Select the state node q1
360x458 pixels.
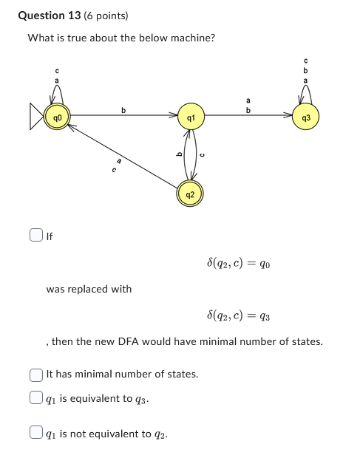pyautogui.click(x=191, y=117)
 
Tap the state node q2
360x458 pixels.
pyautogui.click(x=191, y=195)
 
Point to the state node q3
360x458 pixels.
pyautogui.click(x=306, y=117)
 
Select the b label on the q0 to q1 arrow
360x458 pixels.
pyautogui.click(x=123, y=110)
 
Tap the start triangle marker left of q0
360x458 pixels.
pyautogui.click(x=36, y=117)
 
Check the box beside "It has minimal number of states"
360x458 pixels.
pyautogui.click(x=35, y=374)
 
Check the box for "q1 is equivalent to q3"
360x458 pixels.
pyautogui.click(x=35, y=397)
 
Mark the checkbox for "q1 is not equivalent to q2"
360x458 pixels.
pyautogui.click(x=35, y=433)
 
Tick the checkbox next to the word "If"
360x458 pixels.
pyautogui.click(x=35, y=236)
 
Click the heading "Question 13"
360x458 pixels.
pyautogui.click(x=50, y=16)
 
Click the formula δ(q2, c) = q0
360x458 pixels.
pyautogui.click(x=238, y=263)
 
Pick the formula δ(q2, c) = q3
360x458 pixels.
pyautogui.click(x=238, y=316)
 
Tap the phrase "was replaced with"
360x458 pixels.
pyautogui.click(x=89, y=289)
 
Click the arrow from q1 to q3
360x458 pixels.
pyautogui.click(x=248, y=116)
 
